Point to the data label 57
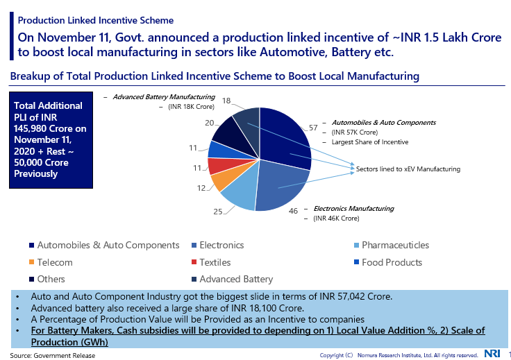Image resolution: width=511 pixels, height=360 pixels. [313, 128]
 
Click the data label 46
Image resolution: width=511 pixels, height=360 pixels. [293, 210]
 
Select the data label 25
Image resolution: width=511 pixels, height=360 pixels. [217, 212]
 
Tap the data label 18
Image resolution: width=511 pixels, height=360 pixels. [226, 101]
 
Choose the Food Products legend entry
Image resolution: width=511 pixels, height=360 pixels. [392, 263]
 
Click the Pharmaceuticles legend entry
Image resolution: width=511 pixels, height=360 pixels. [395, 246]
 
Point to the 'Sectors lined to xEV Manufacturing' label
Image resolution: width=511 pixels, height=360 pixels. [408, 169]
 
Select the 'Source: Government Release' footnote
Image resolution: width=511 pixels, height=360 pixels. [53, 355]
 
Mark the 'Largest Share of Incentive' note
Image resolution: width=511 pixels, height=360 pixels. [369, 142]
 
